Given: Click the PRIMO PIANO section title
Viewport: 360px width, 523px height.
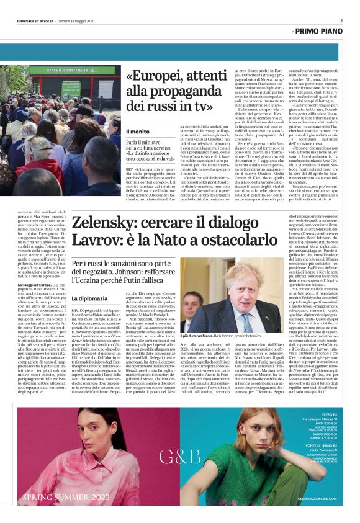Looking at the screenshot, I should coord(317,30).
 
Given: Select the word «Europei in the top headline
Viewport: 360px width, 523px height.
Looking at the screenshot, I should coord(152,76).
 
